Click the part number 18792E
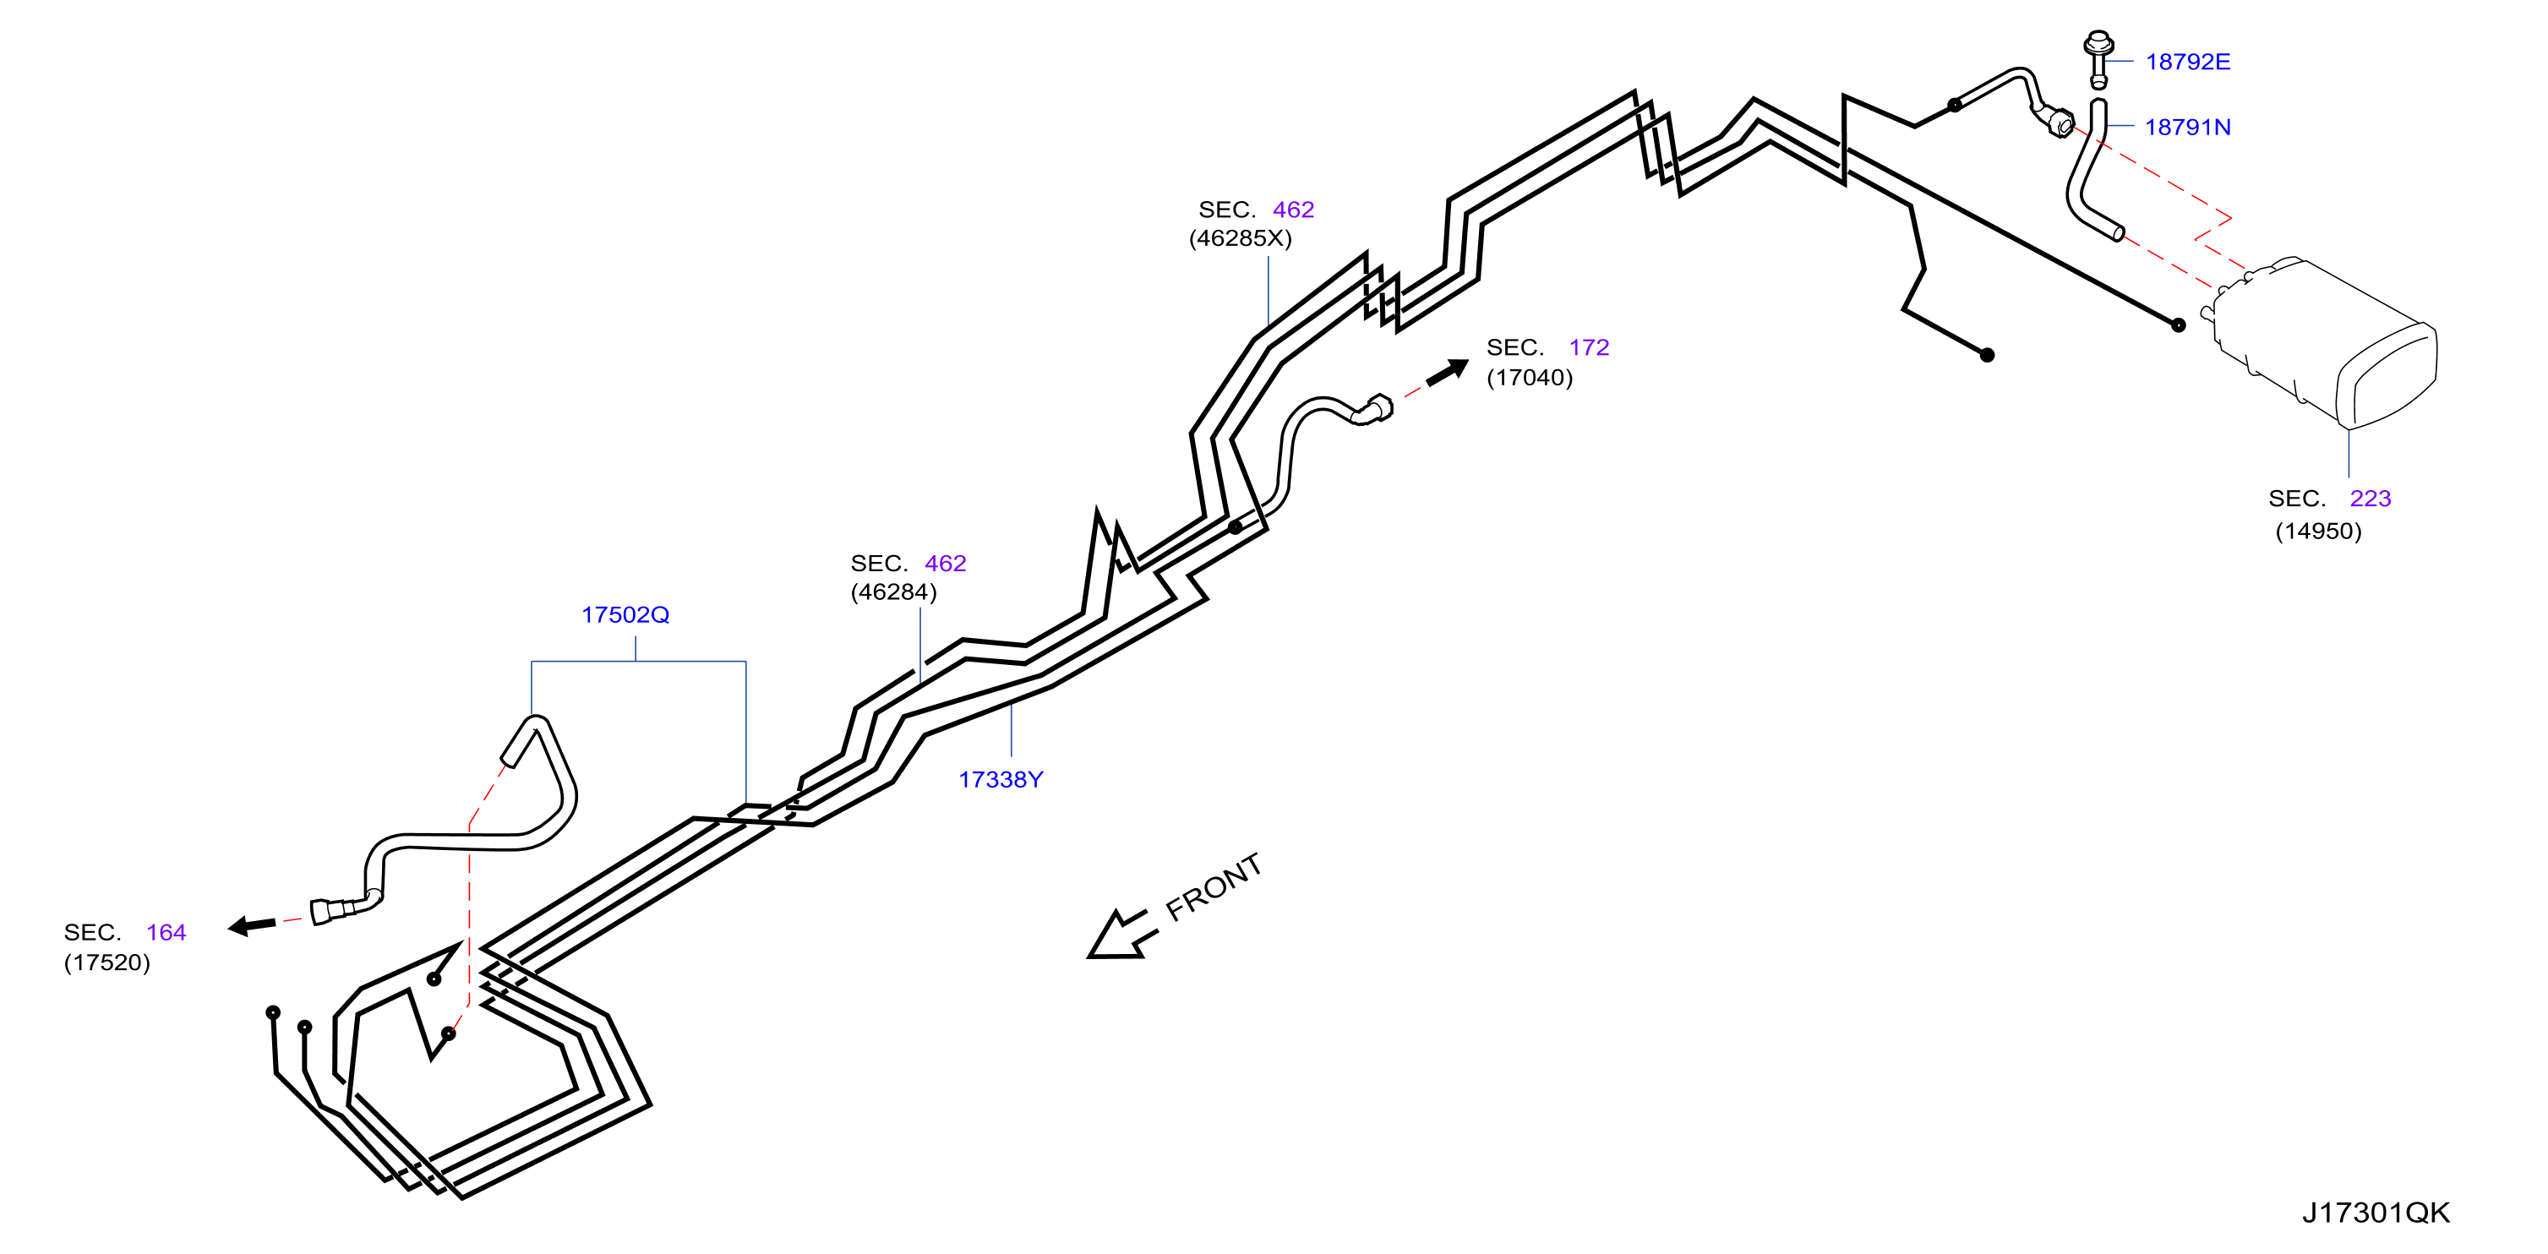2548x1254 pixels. (x=2187, y=62)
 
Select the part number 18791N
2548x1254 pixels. (x=2187, y=127)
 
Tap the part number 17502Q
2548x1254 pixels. (x=625, y=615)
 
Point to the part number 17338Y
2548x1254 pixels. (x=1000, y=779)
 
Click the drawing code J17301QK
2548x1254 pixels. (x=2375, y=1213)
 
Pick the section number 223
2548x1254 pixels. (x=2370, y=499)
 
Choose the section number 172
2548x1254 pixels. (x=1589, y=347)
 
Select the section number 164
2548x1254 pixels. (x=166, y=933)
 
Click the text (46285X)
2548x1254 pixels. (x=1241, y=238)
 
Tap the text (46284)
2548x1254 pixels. (x=893, y=592)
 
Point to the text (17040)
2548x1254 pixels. (x=1529, y=378)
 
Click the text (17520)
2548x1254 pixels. (x=106, y=963)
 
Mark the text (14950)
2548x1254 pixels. (x=2318, y=531)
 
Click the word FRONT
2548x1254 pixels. (x=1214, y=887)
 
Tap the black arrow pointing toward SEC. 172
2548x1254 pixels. (x=1447, y=372)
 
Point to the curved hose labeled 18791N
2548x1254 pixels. (x=2087, y=173)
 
